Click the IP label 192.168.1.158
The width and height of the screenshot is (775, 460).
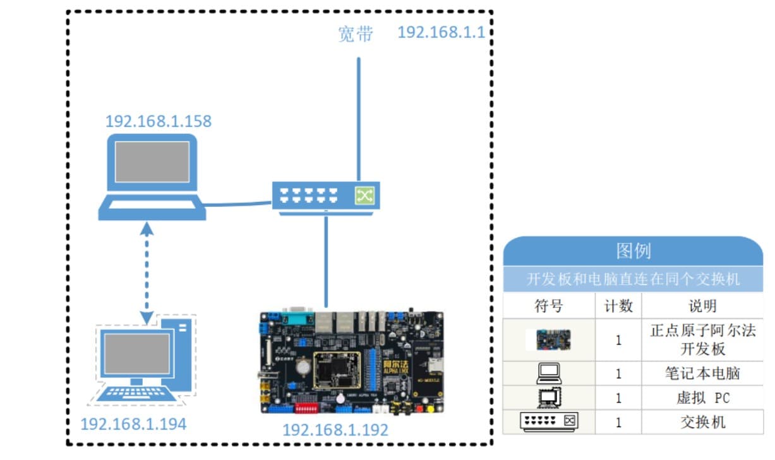tap(158, 121)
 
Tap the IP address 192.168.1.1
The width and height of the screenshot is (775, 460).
tap(441, 32)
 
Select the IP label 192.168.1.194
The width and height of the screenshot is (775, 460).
tap(133, 424)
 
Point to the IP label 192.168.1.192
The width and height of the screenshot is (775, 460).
tap(335, 430)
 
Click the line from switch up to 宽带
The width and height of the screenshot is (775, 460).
tap(358, 120)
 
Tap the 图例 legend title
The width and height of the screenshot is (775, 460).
tap(633, 251)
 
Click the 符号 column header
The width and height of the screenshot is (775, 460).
tap(548, 306)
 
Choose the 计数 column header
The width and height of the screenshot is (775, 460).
tap(618, 306)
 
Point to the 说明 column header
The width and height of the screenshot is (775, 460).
tap(702, 306)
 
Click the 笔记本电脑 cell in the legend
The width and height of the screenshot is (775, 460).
tap(702, 374)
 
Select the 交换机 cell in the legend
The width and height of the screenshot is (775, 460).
tap(702, 422)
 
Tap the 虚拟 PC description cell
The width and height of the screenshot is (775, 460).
tap(702, 398)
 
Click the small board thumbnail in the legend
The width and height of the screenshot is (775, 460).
tap(549, 340)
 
